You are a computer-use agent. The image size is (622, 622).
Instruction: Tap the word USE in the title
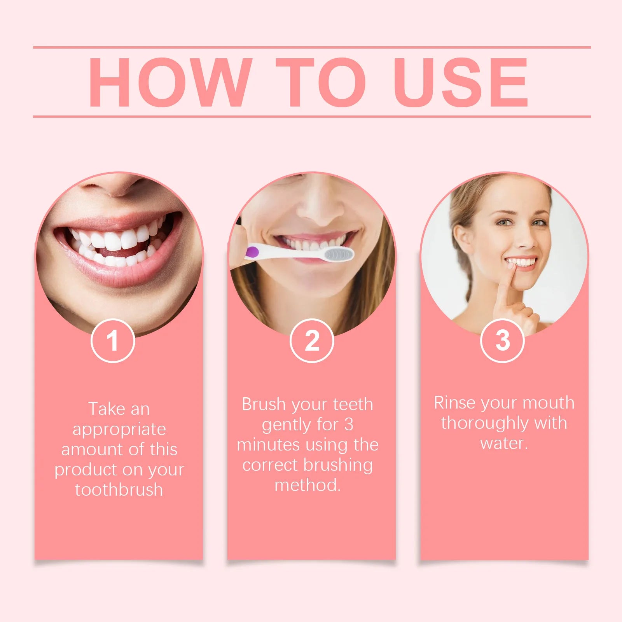click(x=460, y=82)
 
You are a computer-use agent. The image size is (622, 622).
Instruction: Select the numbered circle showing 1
click(x=113, y=341)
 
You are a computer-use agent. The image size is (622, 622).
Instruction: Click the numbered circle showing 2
click(x=312, y=341)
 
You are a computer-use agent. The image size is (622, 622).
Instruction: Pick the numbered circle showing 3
click(x=502, y=341)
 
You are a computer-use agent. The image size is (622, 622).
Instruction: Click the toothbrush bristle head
click(x=339, y=255)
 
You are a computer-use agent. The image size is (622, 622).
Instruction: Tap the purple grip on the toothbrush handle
click(x=253, y=252)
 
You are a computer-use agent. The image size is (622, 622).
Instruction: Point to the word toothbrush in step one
click(x=119, y=490)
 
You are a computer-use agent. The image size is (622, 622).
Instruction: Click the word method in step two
click(x=307, y=486)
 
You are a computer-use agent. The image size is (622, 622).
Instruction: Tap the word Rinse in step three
click(x=454, y=403)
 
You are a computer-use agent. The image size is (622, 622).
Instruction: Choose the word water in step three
click(x=504, y=444)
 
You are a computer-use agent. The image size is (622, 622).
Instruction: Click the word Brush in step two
click(x=264, y=405)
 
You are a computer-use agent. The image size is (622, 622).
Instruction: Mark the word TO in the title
click(x=320, y=82)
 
